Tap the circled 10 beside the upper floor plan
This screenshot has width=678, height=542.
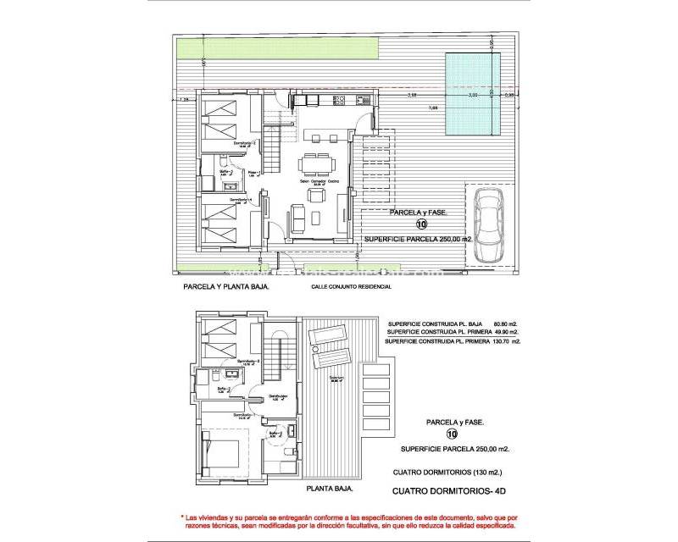421,225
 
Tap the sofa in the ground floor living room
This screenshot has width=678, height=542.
298,219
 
